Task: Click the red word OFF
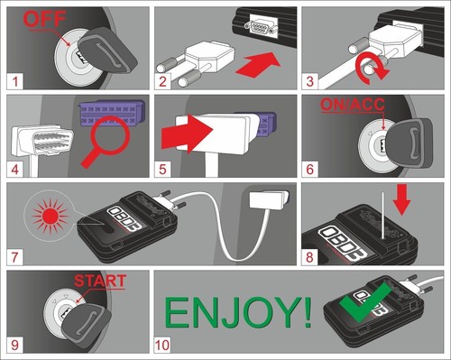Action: (44, 19)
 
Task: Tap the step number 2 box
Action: (162, 81)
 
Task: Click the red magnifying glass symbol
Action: (106, 141)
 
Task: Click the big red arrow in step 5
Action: (187, 134)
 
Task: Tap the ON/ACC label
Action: (353, 105)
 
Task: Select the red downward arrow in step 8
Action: (401, 199)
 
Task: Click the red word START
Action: (100, 281)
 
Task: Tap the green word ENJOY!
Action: (238, 312)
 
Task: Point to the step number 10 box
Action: (162, 345)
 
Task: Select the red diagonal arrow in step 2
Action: (258, 65)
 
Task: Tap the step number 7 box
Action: (14, 257)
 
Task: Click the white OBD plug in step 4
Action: (42, 141)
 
